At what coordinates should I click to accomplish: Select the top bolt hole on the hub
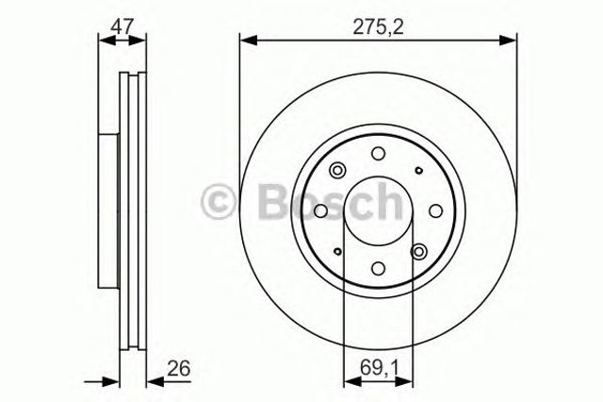point(378,155)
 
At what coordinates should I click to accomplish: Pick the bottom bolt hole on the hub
point(378,268)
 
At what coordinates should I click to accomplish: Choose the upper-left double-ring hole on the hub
point(337,171)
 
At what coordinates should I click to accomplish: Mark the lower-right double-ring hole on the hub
point(419,251)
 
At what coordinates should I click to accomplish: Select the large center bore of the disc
point(378,211)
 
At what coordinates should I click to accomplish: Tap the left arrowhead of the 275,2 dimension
point(245,39)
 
